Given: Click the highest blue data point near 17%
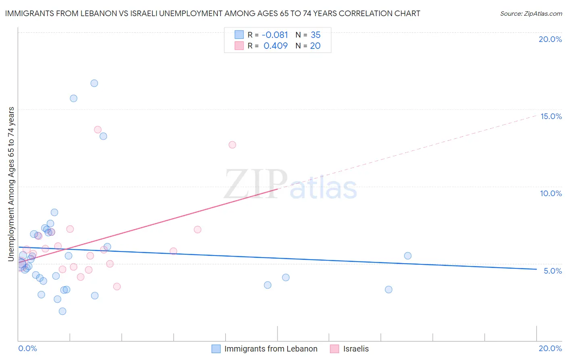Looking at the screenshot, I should pos(94,83).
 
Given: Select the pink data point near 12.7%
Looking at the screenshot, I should pos(232,145).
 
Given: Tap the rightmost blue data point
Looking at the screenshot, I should pos(408,255).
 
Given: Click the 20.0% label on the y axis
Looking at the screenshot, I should pos(550,39).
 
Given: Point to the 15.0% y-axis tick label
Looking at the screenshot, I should pos(551,116).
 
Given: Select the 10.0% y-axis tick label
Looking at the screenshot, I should pos(551,193).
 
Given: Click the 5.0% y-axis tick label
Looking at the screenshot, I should pos(552,271).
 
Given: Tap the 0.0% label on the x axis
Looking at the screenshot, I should pos(27,348).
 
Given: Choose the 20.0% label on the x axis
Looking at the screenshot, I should pos(550,348).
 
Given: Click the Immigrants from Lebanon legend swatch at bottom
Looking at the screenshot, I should pos(216,349).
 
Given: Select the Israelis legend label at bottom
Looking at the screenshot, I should pos(356,349).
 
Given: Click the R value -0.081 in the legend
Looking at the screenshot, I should pos(275,35).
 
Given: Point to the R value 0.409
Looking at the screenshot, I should pos(275,46).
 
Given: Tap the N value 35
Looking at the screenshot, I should pos(315,35).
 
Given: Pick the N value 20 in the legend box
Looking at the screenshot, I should pos(315,46).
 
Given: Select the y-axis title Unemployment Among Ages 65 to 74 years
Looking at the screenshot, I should pos(11,184).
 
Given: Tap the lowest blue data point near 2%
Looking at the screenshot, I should pos(62,311).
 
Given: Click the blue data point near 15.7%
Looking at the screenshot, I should pos(73,98).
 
